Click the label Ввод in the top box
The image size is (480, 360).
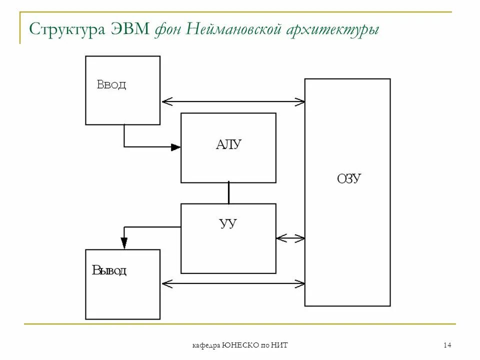(x=111, y=85)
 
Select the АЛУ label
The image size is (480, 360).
(x=228, y=145)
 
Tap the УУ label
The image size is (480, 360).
(x=228, y=223)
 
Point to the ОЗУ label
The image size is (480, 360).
(x=349, y=179)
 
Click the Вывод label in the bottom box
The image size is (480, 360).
(x=109, y=271)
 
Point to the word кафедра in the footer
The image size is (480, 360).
(x=206, y=346)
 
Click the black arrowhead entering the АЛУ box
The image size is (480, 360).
(x=175, y=147)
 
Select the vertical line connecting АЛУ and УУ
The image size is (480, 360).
(x=228, y=193)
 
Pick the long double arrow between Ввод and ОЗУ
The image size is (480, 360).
(x=233, y=102)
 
